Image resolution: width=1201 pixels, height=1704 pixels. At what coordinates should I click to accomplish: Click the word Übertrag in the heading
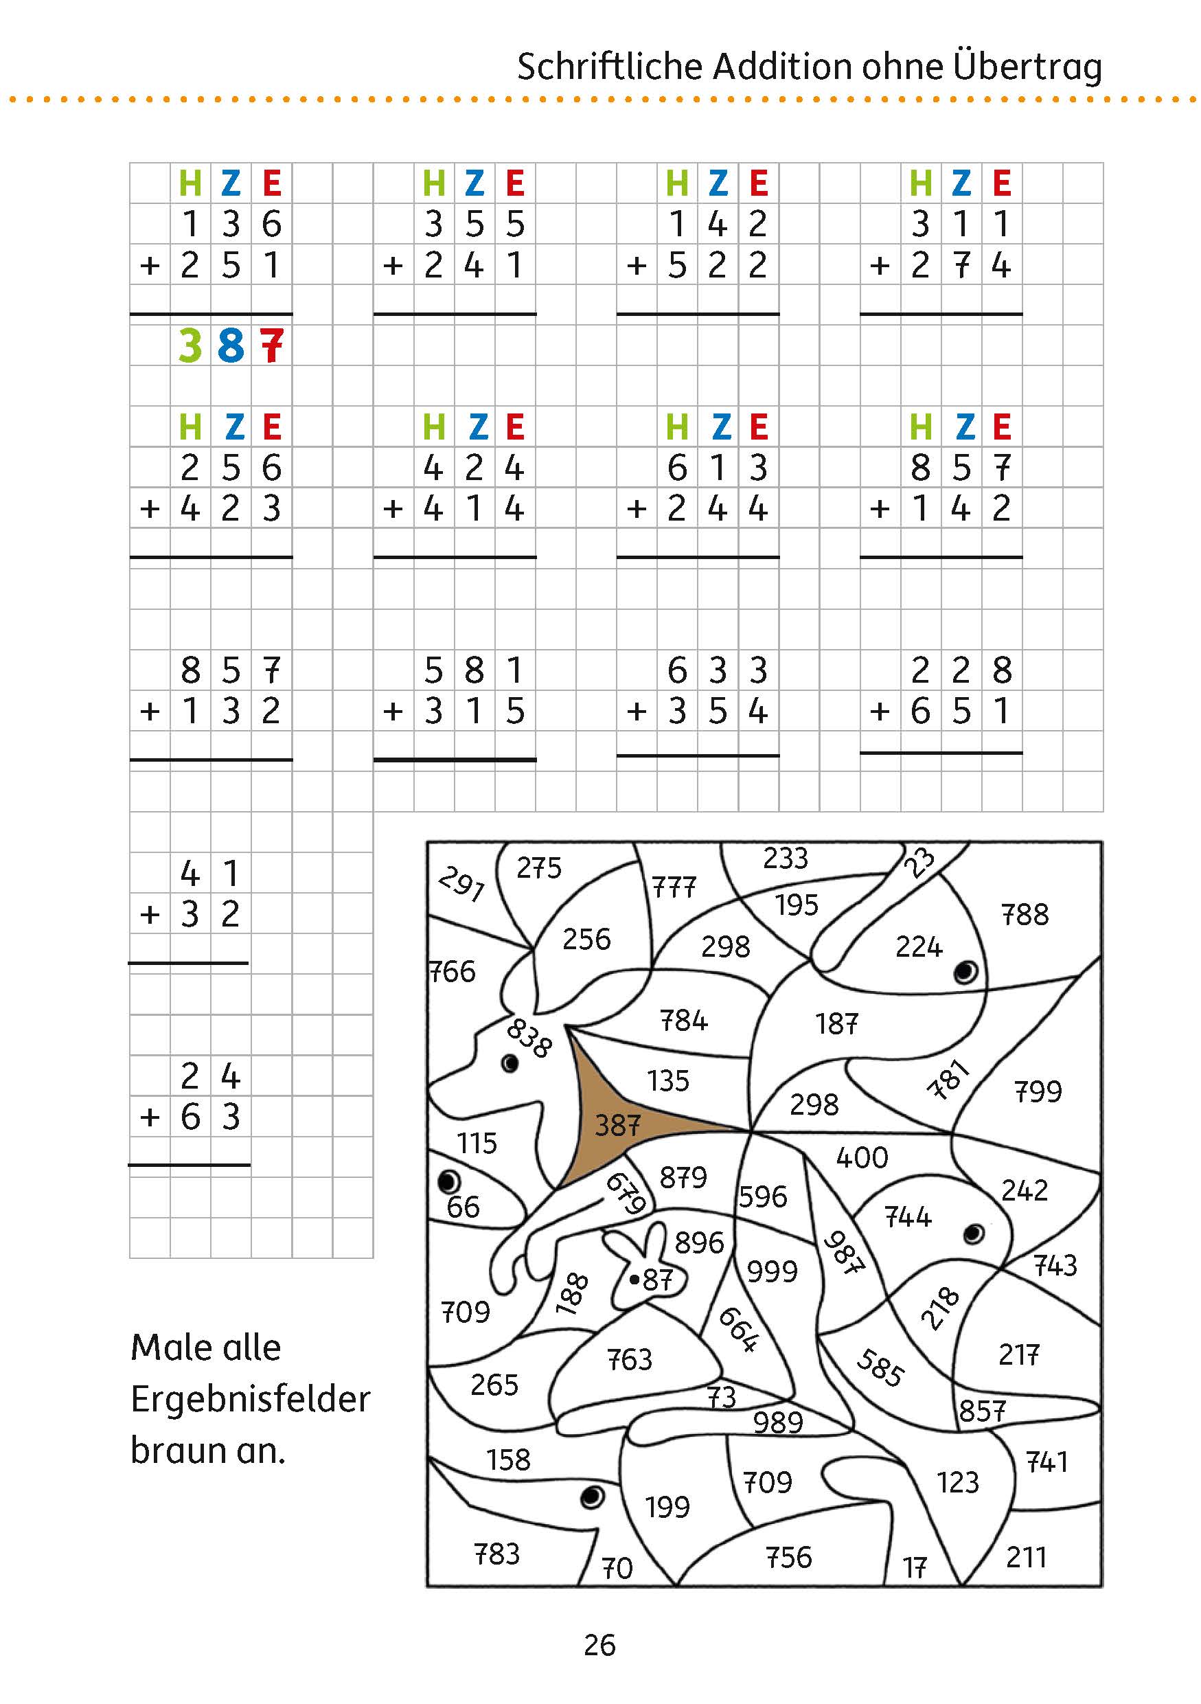(x=1027, y=67)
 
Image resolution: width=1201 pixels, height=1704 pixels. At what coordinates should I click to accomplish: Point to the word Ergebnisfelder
(x=250, y=1399)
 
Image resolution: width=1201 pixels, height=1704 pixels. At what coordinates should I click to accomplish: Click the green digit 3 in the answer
(x=191, y=346)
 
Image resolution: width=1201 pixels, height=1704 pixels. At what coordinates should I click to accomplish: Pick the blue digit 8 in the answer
(x=231, y=346)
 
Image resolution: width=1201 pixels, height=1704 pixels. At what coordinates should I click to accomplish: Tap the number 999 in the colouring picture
(x=772, y=1271)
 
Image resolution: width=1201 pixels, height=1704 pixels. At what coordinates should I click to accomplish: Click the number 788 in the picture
(x=1025, y=915)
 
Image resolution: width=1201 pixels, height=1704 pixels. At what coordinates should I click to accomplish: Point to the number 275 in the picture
(x=539, y=867)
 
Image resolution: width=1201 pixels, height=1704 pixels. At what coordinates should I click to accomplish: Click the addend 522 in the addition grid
(x=717, y=265)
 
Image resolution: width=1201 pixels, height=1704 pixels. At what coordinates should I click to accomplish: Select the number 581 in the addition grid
(x=474, y=670)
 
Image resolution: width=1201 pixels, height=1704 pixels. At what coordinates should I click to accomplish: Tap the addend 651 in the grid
(x=961, y=711)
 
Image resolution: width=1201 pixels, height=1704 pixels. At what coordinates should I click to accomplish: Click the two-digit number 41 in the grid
(x=210, y=874)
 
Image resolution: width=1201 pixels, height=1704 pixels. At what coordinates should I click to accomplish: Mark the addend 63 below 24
(x=210, y=1117)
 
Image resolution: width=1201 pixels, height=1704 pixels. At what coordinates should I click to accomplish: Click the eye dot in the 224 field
(x=965, y=971)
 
